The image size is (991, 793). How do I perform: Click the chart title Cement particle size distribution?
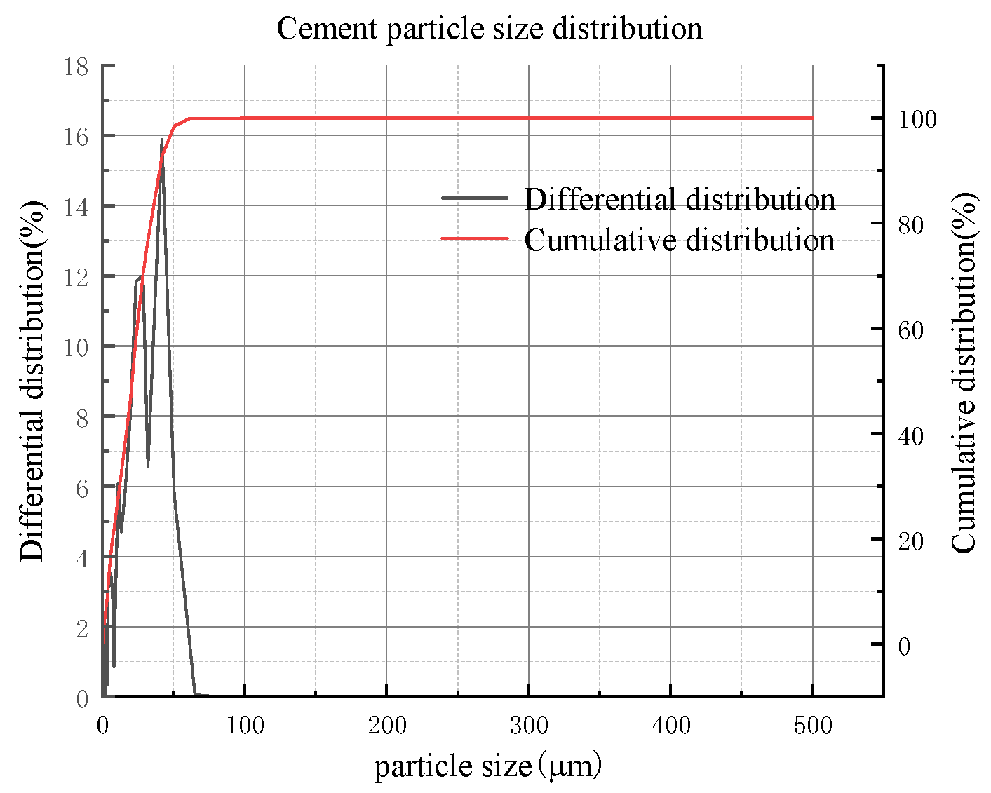click(490, 29)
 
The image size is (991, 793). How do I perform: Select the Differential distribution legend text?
click(680, 199)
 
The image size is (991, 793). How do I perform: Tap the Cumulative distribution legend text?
click(680, 240)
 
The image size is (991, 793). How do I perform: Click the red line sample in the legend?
click(474, 238)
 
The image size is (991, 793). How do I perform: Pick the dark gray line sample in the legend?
click(474, 198)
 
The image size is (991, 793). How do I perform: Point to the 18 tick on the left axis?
click(76, 67)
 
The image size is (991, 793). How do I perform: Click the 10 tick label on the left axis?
click(76, 347)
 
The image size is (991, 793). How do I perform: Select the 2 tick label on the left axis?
click(83, 628)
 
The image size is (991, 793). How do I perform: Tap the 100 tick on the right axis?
click(917, 119)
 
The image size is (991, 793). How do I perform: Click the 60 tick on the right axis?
click(911, 330)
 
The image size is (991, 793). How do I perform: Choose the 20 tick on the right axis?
click(911, 541)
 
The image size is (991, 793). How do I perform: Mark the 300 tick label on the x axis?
click(529, 725)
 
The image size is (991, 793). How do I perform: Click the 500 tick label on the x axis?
click(813, 725)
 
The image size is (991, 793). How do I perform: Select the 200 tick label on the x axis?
click(386, 725)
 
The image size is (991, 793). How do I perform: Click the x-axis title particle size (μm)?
click(488, 766)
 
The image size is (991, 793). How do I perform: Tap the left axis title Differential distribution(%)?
click(32, 381)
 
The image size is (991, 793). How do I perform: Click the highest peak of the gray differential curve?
click(162, 140)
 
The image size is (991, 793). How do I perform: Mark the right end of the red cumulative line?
click(813, 118)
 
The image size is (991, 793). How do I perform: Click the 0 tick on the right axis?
click(904, 646)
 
